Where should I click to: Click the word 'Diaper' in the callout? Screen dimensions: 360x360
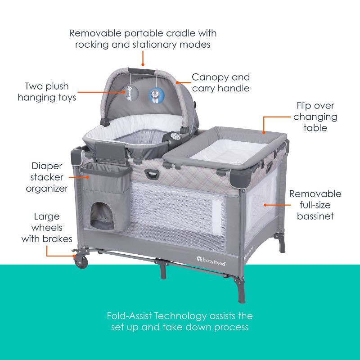[x=47, y=166]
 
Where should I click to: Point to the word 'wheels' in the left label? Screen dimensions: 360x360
[x=47, y=228]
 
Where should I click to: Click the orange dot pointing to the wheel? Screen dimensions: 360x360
[x=74, y=256]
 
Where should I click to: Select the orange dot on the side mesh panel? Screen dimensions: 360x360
[x=265, y=204]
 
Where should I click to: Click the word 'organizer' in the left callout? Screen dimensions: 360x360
[x=47, y=188]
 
